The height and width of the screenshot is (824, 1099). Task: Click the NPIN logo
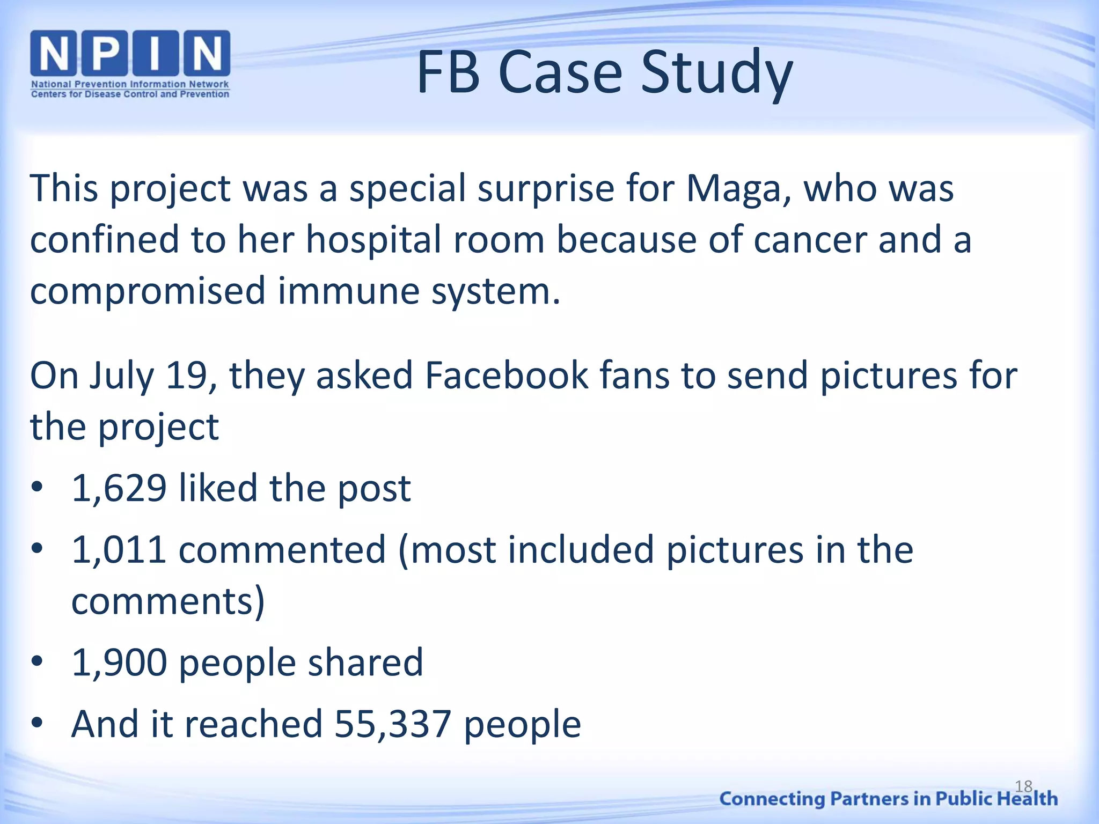(130, 54)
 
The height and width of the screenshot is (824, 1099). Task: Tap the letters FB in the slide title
(448, 73)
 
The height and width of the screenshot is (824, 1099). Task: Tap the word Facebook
(507, 376)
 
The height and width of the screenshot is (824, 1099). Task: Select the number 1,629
(119, 489)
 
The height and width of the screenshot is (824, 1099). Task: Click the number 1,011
(119, 550)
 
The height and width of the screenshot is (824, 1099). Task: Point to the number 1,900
(119, 663)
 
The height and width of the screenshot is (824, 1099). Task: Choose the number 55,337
(393, 724)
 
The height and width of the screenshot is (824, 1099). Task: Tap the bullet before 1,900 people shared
(36, 661)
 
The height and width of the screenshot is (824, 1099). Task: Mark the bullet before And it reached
(36, 723)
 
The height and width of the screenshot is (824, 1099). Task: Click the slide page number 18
(1023, 786)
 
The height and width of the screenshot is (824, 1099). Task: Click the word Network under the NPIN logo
(209, 84)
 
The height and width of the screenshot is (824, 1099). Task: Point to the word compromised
(148, 291)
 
